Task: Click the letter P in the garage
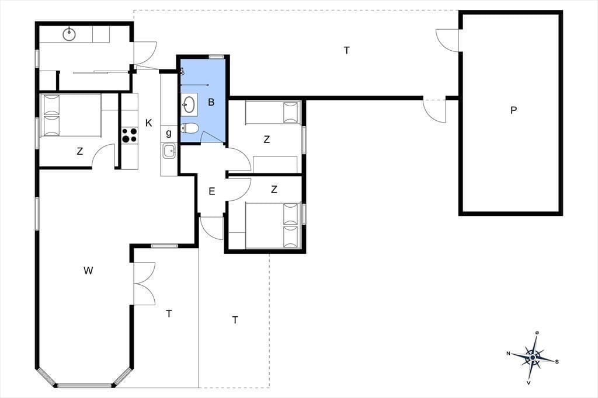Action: pyautogui.click(x=514, y=110)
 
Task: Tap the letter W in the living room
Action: pyautogui.click(x=88, y=271)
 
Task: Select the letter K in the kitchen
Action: pyautogui.click(x=149, y=123)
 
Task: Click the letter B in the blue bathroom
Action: pyautogui.click(x=211, y=102)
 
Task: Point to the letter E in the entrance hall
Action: pyautogui.click(x=212, y=191)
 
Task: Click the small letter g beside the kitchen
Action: pyautogui.click(x=169, y=133)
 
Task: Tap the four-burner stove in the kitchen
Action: pyautogui.click(x=130, y=135)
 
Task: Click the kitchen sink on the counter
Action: pyautogui.click(x=169, y=151)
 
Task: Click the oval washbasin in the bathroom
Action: pyautogui.click(x=189, y=103)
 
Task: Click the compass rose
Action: pyautogui.click(x=533, y=358)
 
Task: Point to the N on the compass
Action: pyautogui.click(x=509, y=354)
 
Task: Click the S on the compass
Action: pyautogui.click(x=557, y=361)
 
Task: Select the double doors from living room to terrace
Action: pyautogui.click(x=144, y=284)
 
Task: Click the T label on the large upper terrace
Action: pyautogui.click(x=347, y=50)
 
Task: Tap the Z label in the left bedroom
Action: pyautogui.click(x=79, y=151)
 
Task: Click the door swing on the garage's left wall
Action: pyautogui.click(x=448, y=40)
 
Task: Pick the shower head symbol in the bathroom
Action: pyautogui.click(x=183, y=71)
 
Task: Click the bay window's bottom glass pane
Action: pyautogui.click(x=84, y=385)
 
